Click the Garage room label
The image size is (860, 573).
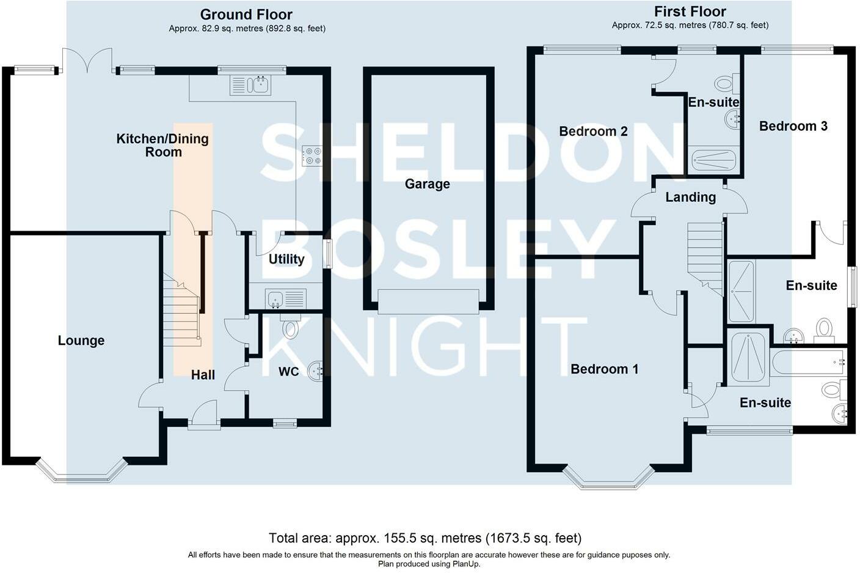(x=427, y=183)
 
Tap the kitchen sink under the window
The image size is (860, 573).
(x=250, y=85)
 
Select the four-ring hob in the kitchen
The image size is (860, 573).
(x=312, y=155)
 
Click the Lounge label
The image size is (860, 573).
(x=81, y=341)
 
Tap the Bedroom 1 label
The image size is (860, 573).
(x=604, y=369)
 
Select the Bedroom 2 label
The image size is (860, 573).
(x=593, y=131)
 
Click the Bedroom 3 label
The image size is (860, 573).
(x=793, y=126)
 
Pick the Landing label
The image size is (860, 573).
(x=690, y=197)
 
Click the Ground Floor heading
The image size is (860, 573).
(x=246, y=14)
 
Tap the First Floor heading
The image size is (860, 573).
(x=690, y=11)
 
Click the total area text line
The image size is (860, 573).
(x=425, y=538)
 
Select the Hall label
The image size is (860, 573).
(x=203, y=375)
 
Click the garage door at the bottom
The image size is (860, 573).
(x=428, y=301)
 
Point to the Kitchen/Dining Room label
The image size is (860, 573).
(x=162, y=145)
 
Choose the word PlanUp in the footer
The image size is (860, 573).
(x=466, y=564)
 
